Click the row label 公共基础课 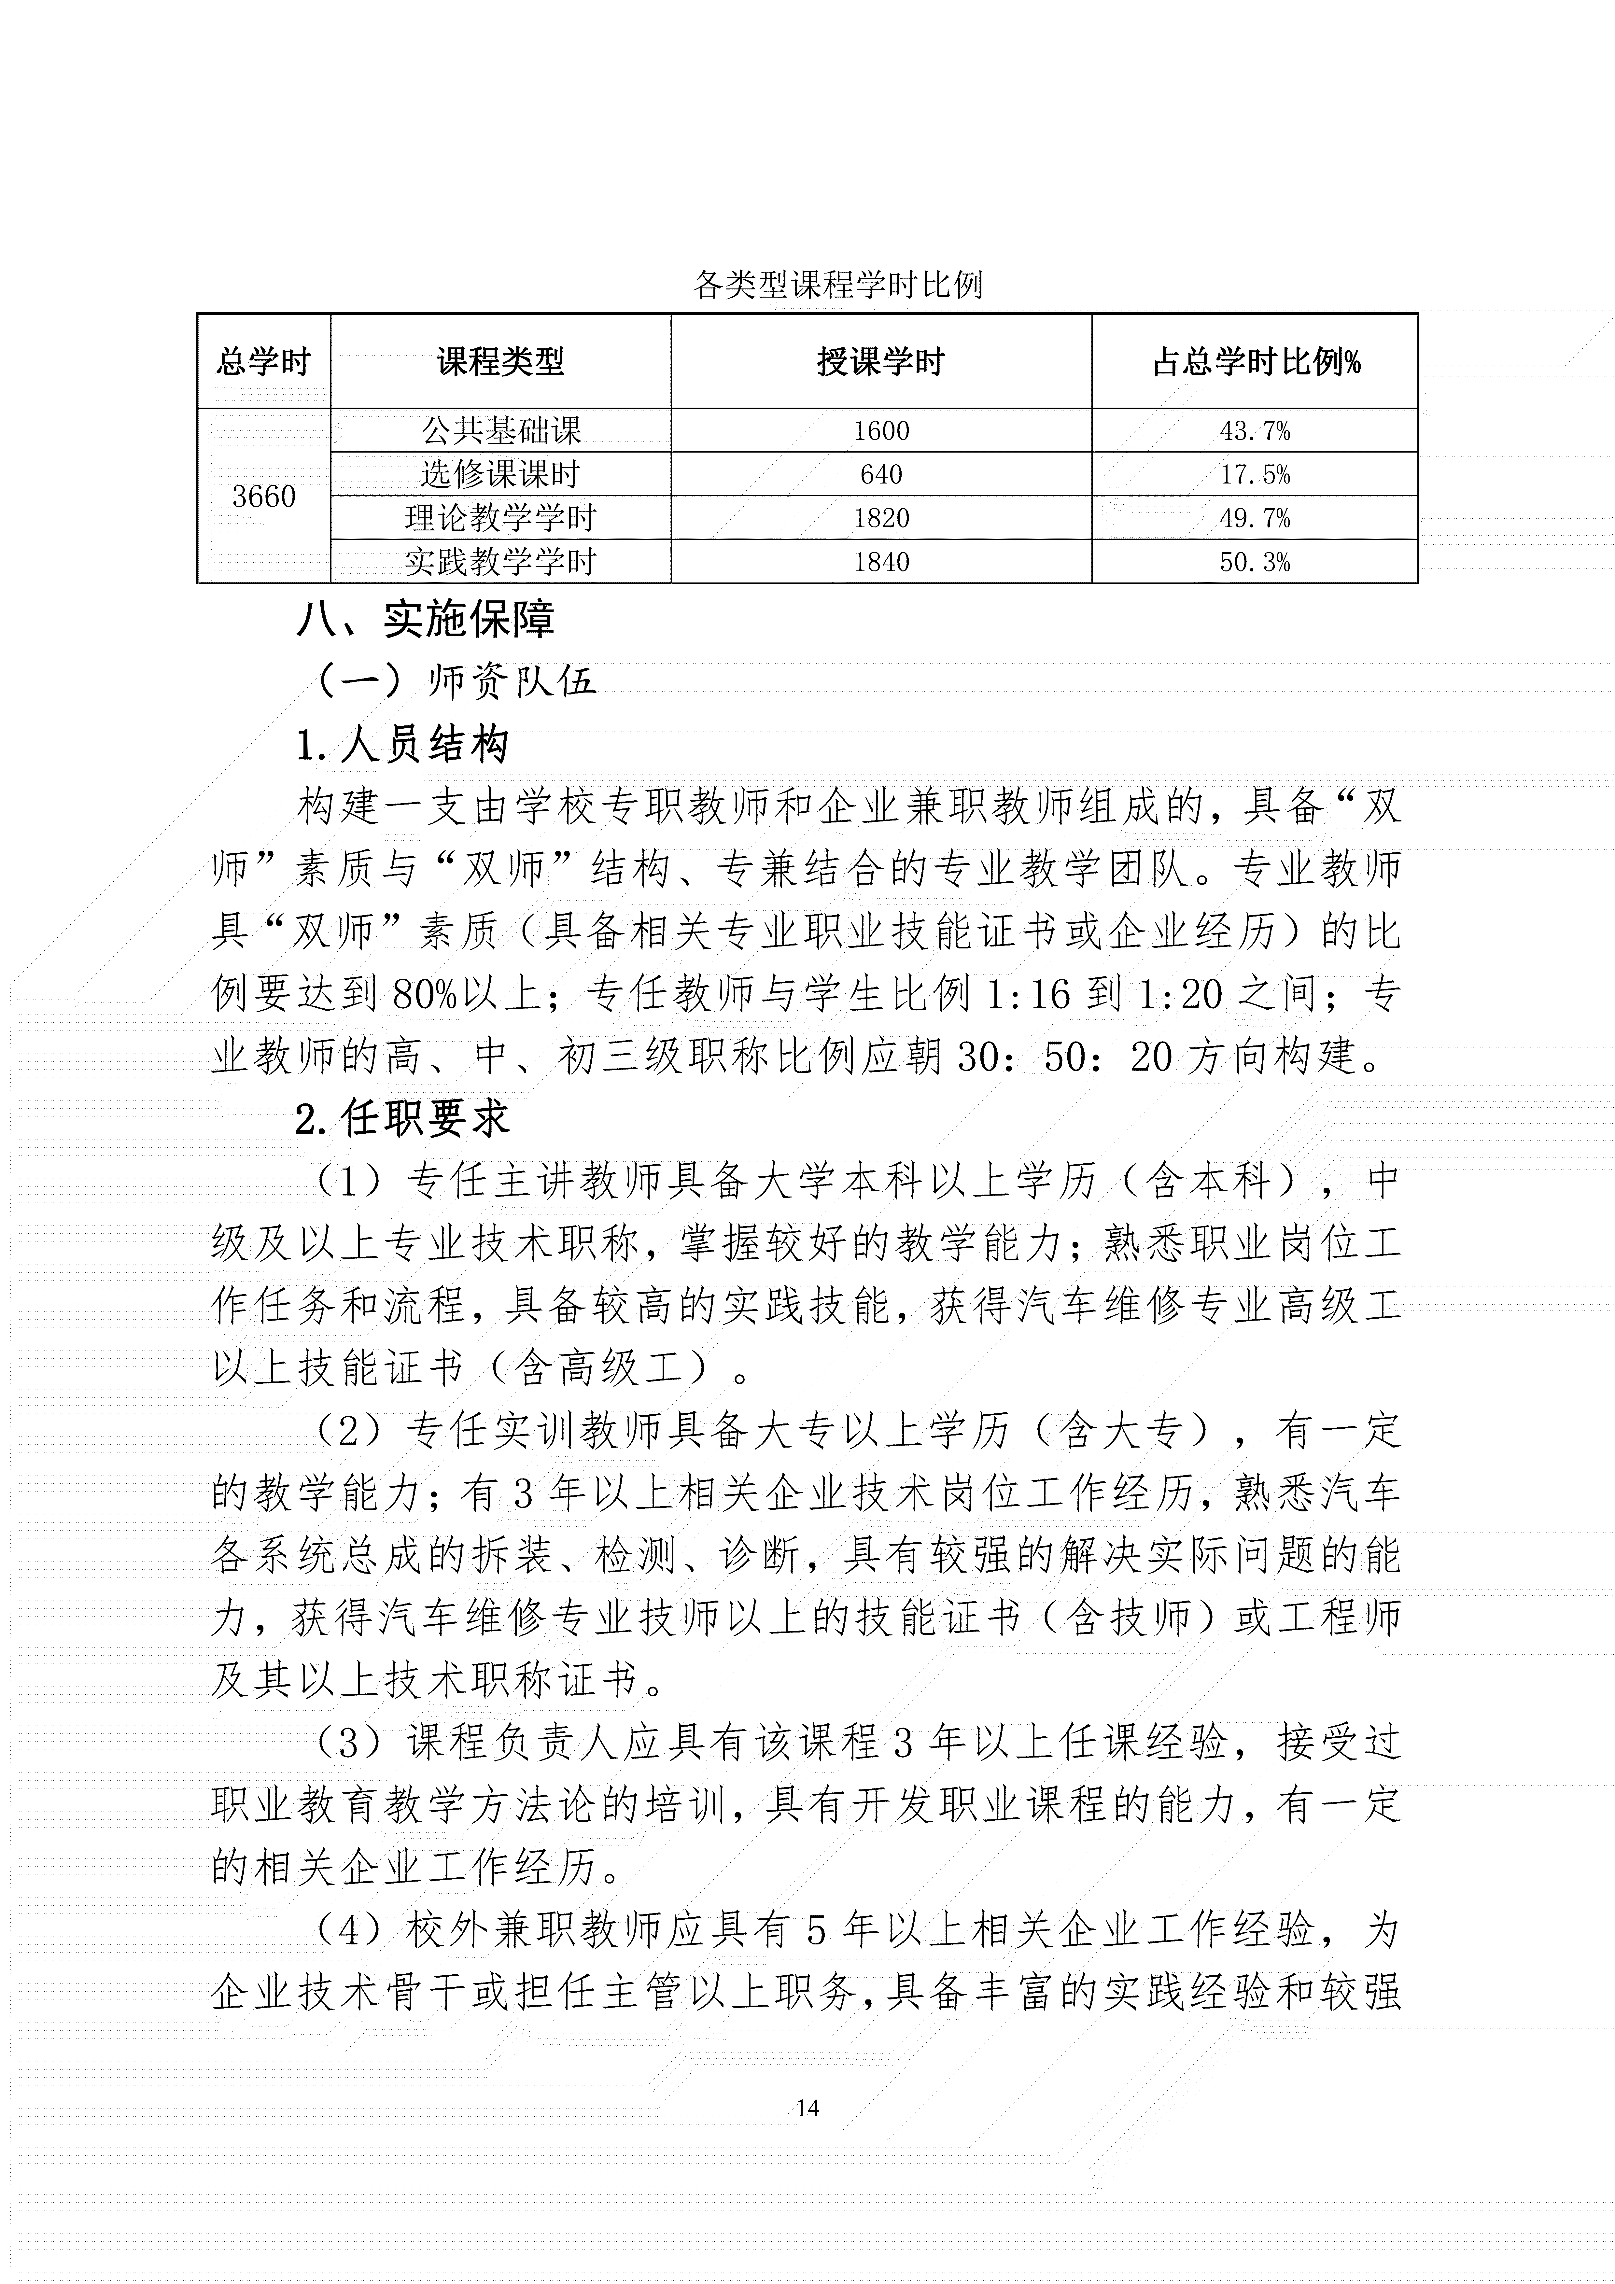(x=500, y=431)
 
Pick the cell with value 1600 (x=881, y=431)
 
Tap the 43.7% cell (x=1255, y=431)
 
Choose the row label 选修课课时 (x=500, y=474)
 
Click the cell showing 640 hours (x=881, y=474)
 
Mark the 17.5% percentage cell (x=1255, y=474)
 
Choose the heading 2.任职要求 (x=403, y=1119)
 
